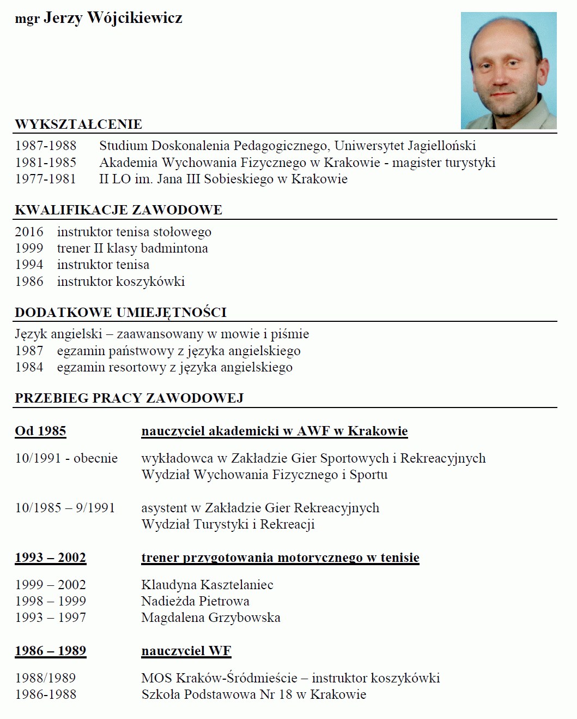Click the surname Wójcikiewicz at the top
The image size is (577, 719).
tap(135, 18)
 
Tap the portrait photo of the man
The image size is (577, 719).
tap(508, 70)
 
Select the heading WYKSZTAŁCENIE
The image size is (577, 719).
tap(78, 124)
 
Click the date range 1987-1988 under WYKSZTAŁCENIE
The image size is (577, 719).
tap(46, 146)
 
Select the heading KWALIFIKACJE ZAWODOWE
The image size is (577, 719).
tap(118, 210)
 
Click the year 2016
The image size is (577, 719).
tap(29, 232)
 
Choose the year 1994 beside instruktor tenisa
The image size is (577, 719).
tap(29, 265)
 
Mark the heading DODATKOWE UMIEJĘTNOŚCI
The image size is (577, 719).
tap(120, 313)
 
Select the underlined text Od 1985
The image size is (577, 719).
tap(40, 431)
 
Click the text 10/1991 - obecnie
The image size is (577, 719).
tap(66, 458)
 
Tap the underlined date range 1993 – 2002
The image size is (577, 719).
tap(50, 558)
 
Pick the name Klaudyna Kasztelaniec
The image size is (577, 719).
tap(207, 585)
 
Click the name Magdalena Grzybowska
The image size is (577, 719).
tap(210, 618)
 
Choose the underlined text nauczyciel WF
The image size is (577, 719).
tap(186, 651)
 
